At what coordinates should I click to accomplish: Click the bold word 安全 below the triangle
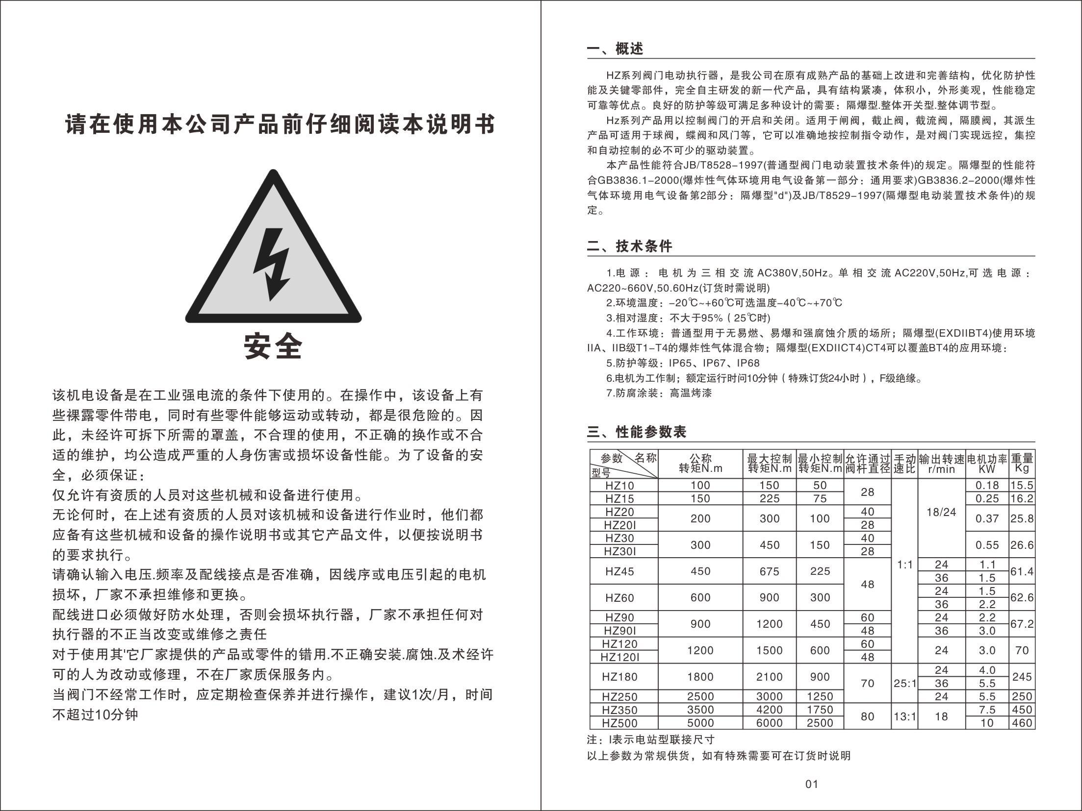tap(273, 346)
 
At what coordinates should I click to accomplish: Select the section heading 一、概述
tap(615, 49)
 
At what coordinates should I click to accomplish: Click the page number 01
tap(812, 784)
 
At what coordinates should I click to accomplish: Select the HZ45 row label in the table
tap(619, 571)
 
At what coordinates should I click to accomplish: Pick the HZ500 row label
tap(619, 723)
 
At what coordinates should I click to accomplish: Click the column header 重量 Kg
tap(1022, 463)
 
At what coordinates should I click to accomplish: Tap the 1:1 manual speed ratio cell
tap(904, 565)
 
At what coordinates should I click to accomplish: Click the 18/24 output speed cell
tap(941, 512)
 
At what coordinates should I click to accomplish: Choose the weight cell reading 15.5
tap(1022, 485)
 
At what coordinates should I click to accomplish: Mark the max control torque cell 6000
tap(769, 723)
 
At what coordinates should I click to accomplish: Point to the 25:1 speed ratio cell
tap(904, 683)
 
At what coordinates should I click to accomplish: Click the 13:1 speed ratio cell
tap(904, 716)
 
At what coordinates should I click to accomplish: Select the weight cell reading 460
tap(1022, 723)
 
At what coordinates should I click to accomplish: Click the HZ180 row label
tap(619, 677)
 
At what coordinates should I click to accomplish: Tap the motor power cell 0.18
tap(987, 485)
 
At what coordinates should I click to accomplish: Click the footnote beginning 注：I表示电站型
tap(650, 739)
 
